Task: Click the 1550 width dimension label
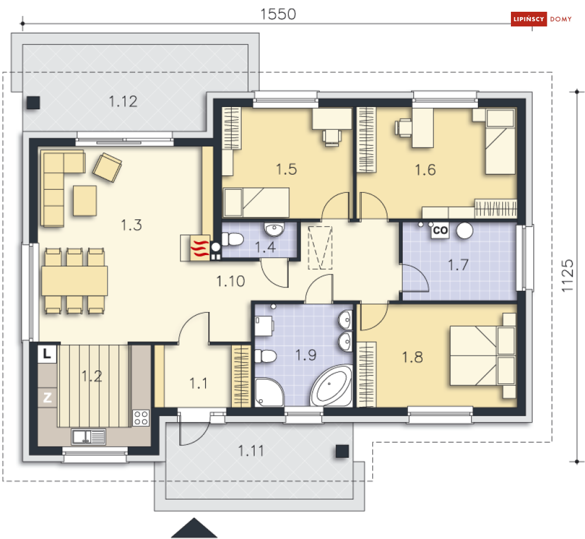click(x=278, y=14)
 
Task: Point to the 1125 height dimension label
click(x=567, y=276)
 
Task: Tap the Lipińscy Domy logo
click(x=541, y=19)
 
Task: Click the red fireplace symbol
click(x=199, y=248)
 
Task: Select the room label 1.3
click(x=131, y=225)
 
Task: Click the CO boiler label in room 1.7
click(x=440, y=230)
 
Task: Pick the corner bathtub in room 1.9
click(x=331, y=386)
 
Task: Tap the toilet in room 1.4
click(x=232, y=239)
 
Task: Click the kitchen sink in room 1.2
click(x=88, y=436)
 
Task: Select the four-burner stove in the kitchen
click(x=141, y=418)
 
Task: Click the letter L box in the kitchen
click(x=47, y=353)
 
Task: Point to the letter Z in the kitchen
click(x=48, y=397)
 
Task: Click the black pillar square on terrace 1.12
click(x=33, y=103)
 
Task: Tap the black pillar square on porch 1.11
click(x=342, y=451)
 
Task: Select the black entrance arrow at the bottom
click(x=194, y=528)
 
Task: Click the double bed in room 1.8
click(x=482, y=356)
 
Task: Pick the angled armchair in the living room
click(x=107, y=167)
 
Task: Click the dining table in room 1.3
click(x=75, y=280)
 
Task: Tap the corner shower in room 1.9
click(x=269, y=393)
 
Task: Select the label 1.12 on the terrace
click(x=123, y=102)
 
